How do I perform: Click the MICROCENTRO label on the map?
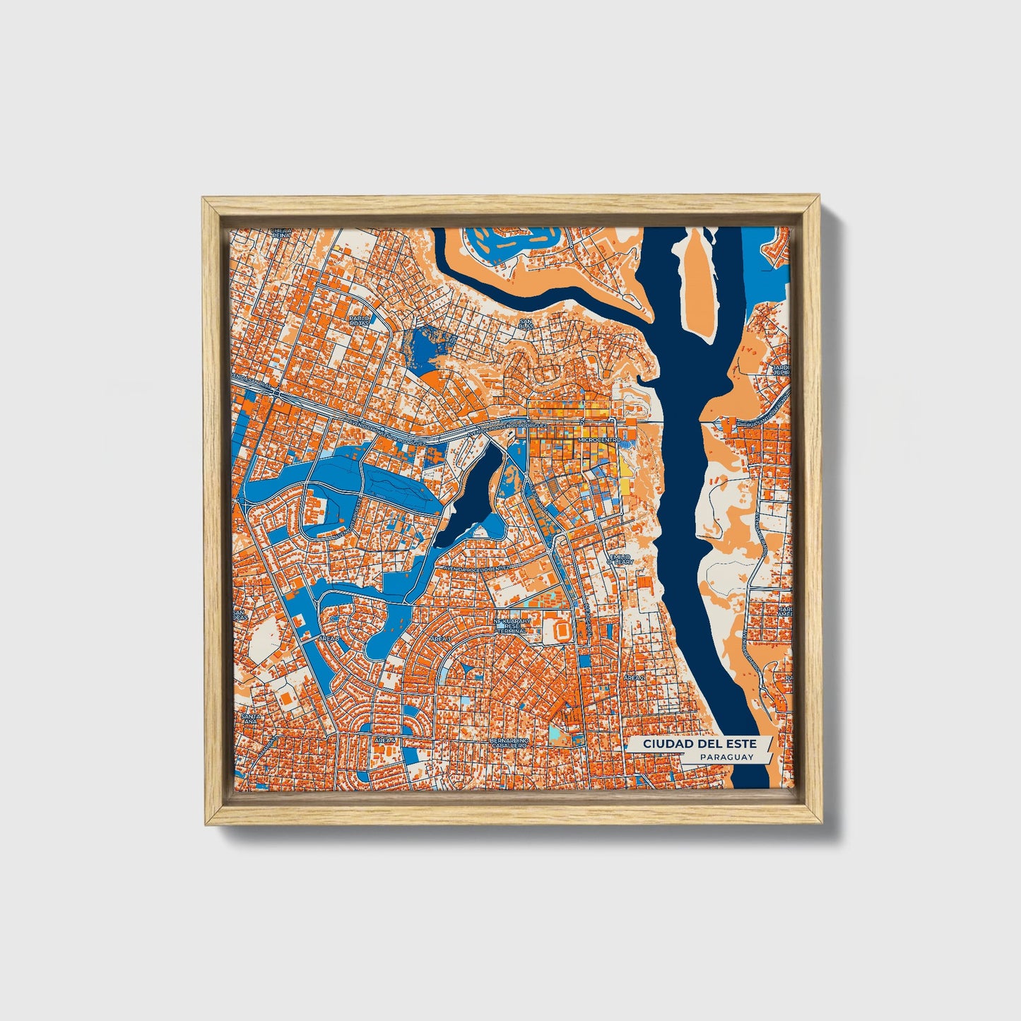pos(598,439)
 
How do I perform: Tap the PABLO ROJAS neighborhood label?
pos(359,322)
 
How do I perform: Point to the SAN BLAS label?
pos(526,324)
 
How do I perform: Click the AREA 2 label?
pos(633,677)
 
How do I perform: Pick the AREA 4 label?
pos(386,739)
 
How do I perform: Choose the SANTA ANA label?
pos(251,719)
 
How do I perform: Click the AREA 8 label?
pos(329,638)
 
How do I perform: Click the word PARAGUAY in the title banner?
pos(726,757)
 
